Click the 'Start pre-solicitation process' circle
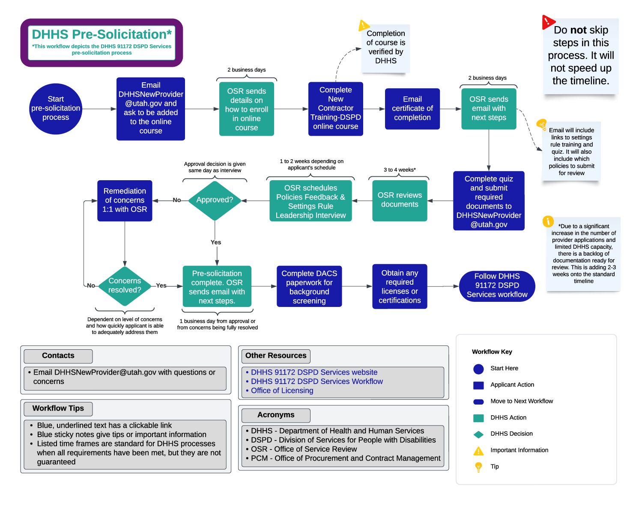coord(56,108)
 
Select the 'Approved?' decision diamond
coord(215,200)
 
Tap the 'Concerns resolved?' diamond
coord(125,286)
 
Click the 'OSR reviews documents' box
coord(400,200)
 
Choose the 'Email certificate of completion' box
coord(412,108)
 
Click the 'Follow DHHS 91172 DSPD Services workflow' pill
coord(497,286)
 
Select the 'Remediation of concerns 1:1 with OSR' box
coord(125,200)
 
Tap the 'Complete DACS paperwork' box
coord(309,286)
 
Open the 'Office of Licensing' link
coord(282,390)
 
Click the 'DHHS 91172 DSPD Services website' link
coord(314,372)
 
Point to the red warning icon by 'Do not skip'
coord(548,22)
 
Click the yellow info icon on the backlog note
coord(548,221)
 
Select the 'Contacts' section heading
coord(58,356)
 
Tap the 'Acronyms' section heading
coord(276,415)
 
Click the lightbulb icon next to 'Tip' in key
coord(478,467)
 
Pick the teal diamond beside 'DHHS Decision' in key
coord(478,434)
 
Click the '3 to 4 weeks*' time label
coord(399,170)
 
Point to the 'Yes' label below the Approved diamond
coord(216,242)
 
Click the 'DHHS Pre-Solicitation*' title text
coord(102,34)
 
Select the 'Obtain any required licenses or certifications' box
coord(400,286)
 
